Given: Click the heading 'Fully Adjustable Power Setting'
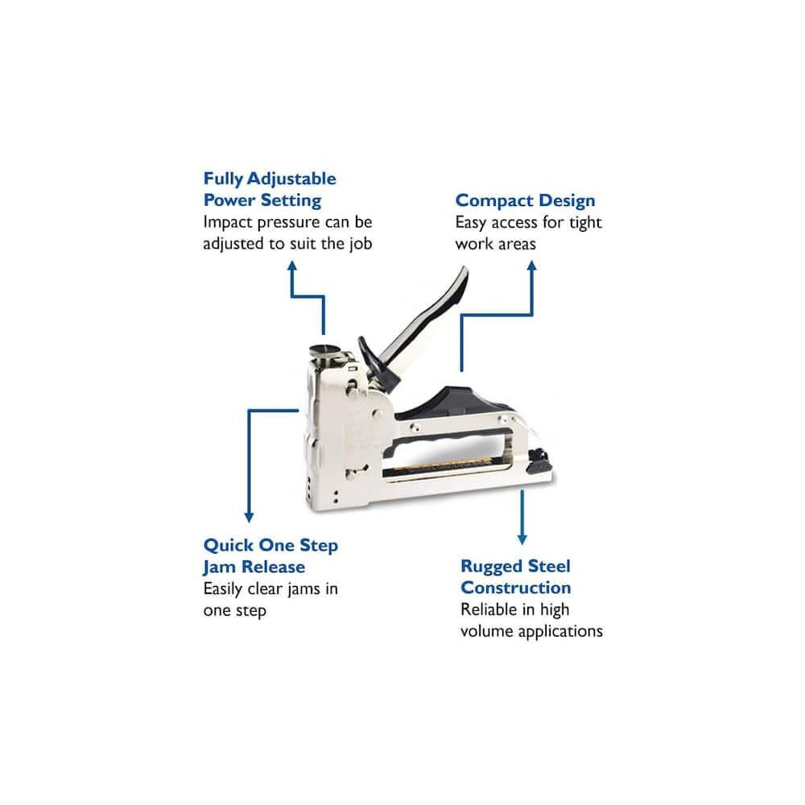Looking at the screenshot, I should [269, 189].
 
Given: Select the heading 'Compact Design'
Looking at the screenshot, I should [525, 200].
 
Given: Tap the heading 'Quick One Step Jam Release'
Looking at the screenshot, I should [270, 555].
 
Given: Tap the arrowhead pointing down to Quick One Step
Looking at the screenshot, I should [250, 517].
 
